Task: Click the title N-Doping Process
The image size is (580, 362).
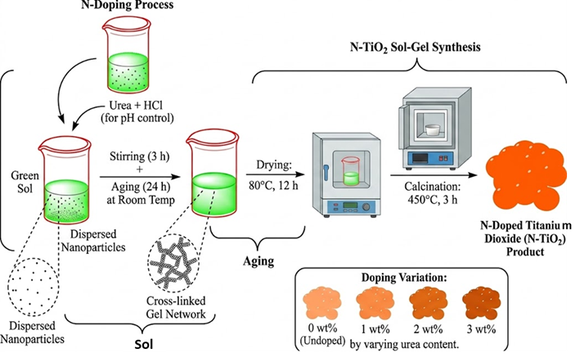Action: (128, 5)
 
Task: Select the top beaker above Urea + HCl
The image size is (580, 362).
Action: (127, 55)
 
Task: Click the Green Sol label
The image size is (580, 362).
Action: (25, 182)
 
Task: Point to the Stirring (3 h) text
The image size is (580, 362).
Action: (139, 156)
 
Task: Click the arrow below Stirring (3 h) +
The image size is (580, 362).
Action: (140, 177)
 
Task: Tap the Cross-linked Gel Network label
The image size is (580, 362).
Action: (176, 307)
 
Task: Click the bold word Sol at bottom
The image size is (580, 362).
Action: (143, 345)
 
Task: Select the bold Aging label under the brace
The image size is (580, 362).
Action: (259, 261)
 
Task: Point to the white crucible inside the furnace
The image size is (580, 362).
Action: (432, 130)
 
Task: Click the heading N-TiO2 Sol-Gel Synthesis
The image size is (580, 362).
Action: (415, 48)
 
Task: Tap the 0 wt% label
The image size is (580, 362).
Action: (322, 328)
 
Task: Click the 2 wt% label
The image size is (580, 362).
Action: (428, 328)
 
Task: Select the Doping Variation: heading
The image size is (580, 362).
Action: (404, 278)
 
